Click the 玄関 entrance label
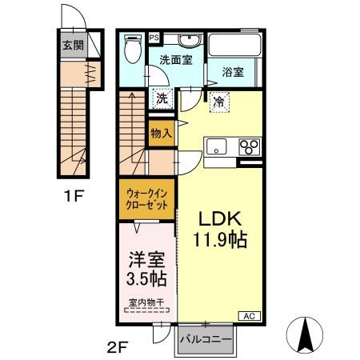click(x=74, y=45)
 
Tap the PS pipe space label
click(x=154, y=37)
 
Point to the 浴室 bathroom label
click(x=234, y=73)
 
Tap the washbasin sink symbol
click(x=190, y=39)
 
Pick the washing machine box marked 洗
click(x=162, y=99)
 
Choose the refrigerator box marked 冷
click(x=218, y=102)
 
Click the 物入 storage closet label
click(x=161, y=134)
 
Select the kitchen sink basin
click(x=217, y=146)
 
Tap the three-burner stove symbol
click(x=250, y=146)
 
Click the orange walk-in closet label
click(x=146, y=198)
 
